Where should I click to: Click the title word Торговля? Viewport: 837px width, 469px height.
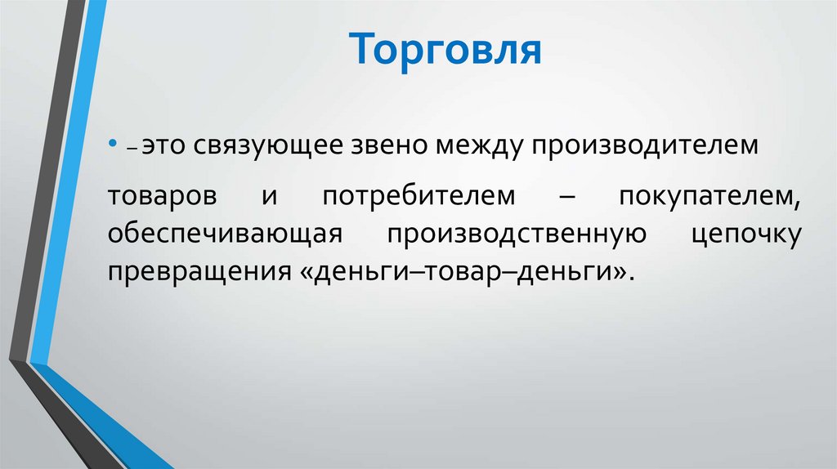point(448,49)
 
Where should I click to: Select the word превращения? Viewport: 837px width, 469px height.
point(193,271)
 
